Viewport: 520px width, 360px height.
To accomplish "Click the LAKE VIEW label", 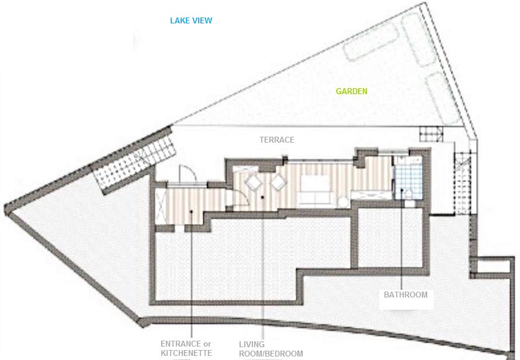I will click(191, 20).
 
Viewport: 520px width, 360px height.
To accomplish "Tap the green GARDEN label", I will click(352, 91).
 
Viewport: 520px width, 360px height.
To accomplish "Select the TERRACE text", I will click(277, 140).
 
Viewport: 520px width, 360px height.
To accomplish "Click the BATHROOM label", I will click(405, 295).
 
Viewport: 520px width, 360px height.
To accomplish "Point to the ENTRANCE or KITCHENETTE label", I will click(186, 348).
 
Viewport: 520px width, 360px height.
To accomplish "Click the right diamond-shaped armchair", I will click(278, 183).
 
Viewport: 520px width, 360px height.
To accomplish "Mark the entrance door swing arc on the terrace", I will click(185, 174).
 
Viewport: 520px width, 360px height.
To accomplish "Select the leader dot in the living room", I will click(264, 198).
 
